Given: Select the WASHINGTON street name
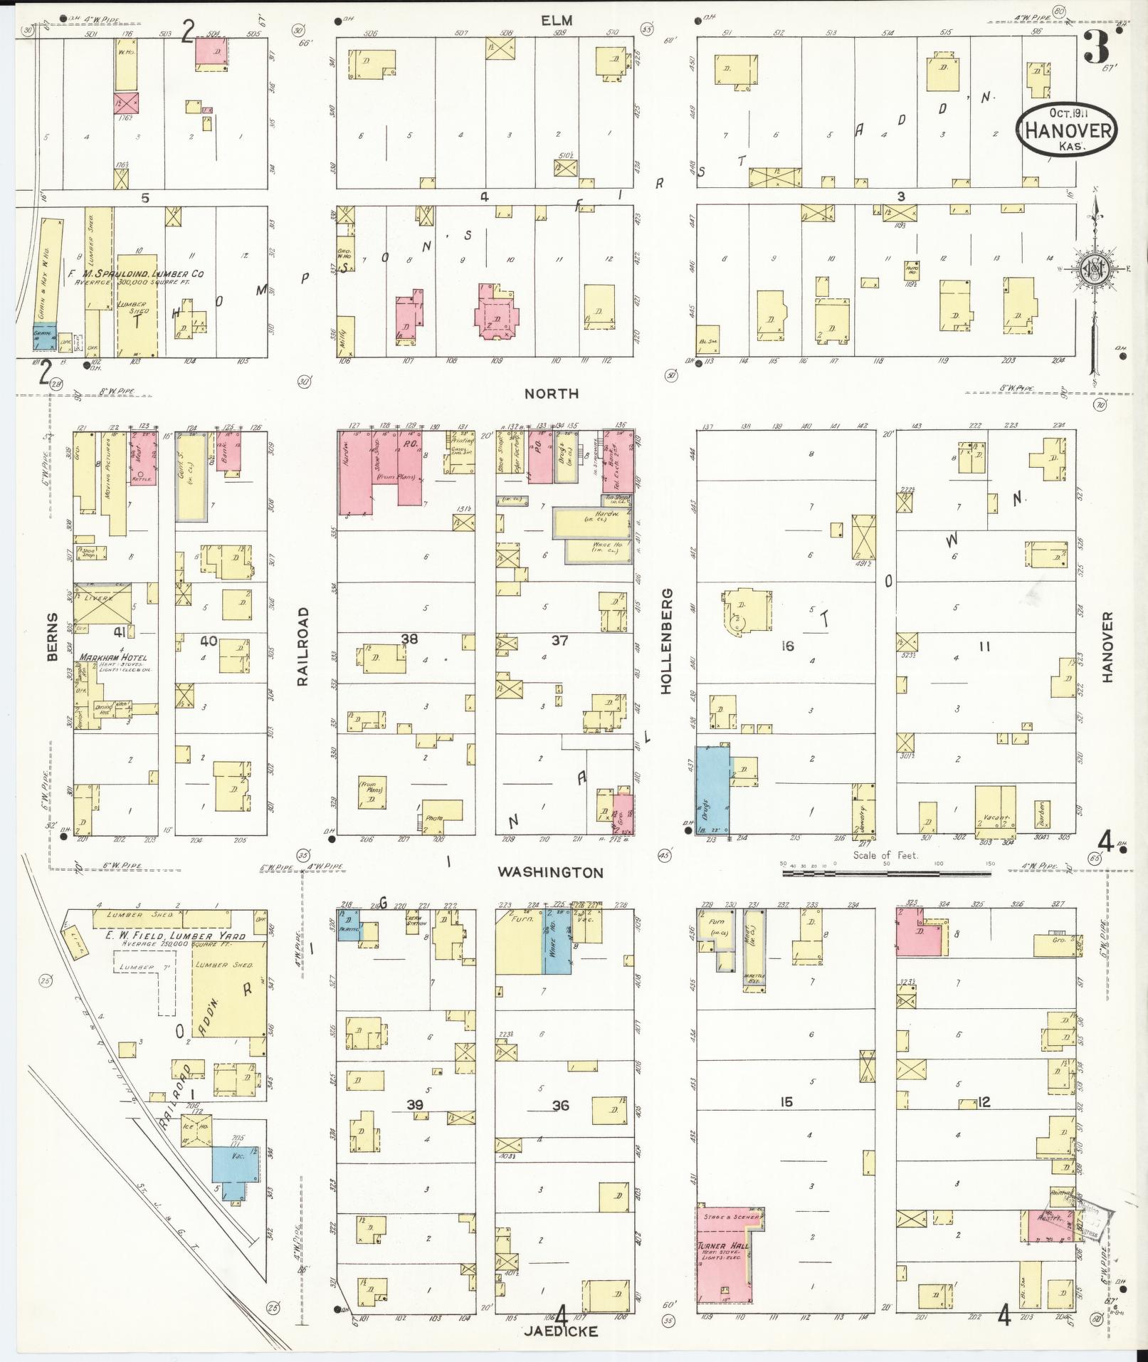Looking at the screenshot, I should (x=550, y=872).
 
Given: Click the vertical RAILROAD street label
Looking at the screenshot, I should (x=303, y=646).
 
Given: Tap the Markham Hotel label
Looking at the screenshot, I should (x=114, y=657).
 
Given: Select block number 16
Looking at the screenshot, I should (x=786, y=646).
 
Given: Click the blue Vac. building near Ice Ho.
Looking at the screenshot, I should (x=235, y=1175).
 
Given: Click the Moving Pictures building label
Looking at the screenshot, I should (x=109, y=466).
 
